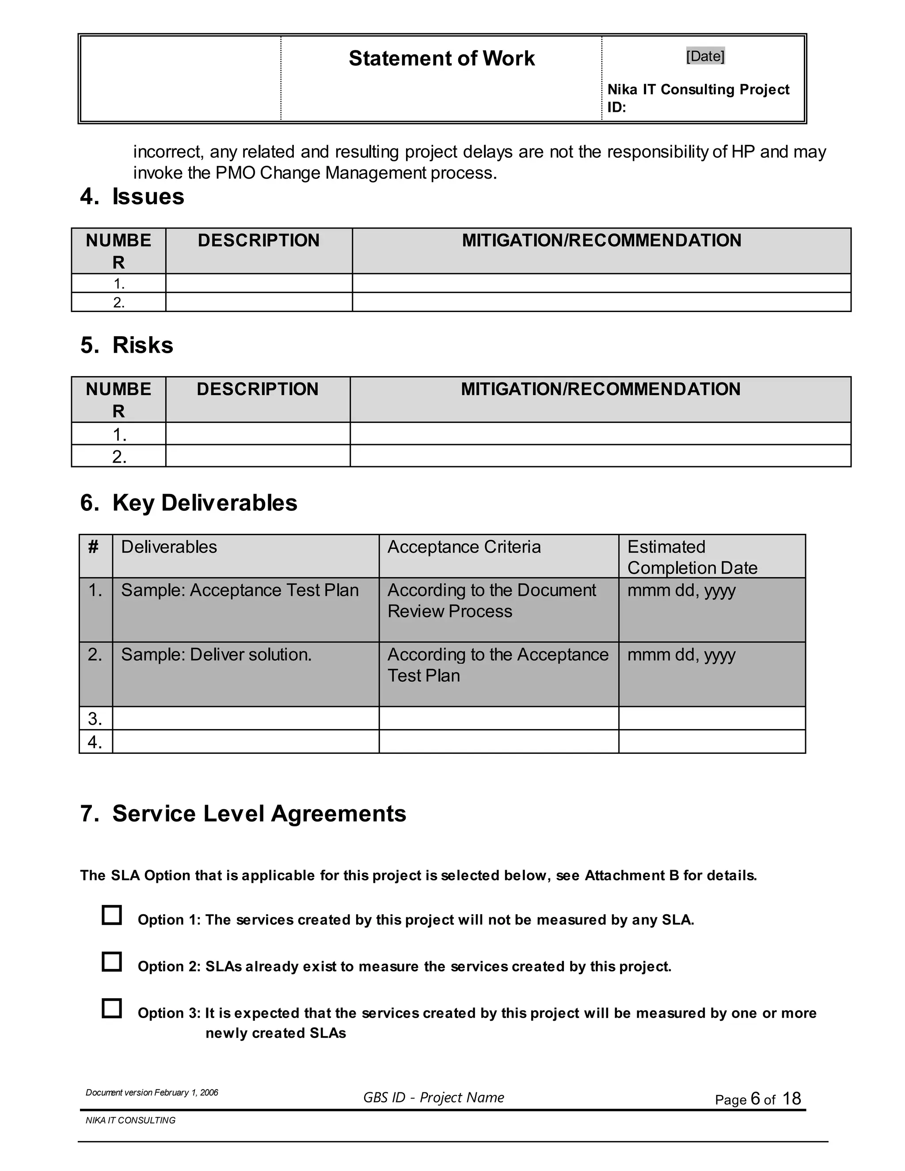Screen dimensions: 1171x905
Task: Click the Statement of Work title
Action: pyautogui.click(x=441, y=58)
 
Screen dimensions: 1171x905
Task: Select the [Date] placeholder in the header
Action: pyautogui.click(x=705, y=56)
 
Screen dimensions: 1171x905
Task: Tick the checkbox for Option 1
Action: pyautogui.click(x=111, y=915)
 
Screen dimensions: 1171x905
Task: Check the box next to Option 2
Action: pyautogui.click(x=111, y=962)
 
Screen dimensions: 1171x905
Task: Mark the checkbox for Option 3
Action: pyautogui.click(x=111, y=1008)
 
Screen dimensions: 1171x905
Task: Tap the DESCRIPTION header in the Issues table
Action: pyautogui.click(x=259, y=240)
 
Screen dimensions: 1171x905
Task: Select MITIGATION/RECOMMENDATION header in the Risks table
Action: pyautogui.click(x=601, y=389)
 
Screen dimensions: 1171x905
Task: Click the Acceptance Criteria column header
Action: pyautogui.click(x=464, y=547)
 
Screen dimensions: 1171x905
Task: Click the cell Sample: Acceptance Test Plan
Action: pyautogui.click(x=240, y=590)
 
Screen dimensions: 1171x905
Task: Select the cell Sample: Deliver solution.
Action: pyautogui.click(x=216, y=655)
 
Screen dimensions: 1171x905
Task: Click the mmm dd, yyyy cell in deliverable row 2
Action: pyautogui.click(x=681, y=655)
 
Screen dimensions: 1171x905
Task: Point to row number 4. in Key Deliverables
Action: pyautogui.click(x=95, y=742)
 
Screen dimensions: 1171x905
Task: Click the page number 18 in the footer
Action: pyautogui.click(x=791, y=1099)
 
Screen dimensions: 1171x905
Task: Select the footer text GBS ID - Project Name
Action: pyautogui.click(x=433, y=1098)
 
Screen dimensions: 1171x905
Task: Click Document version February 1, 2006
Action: pyautogui.click(x=152, y=1093)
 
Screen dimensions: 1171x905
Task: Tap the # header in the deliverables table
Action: pyautogui.click(x=93, y=547)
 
